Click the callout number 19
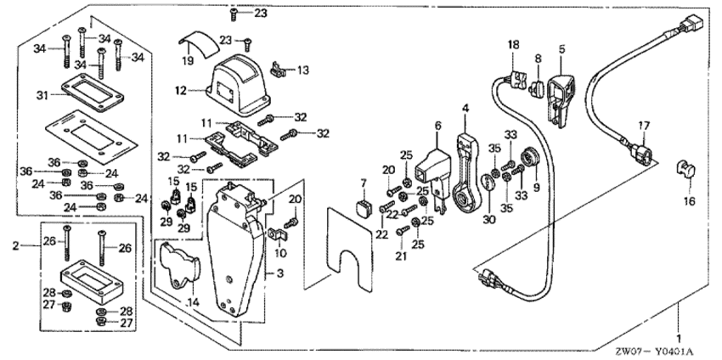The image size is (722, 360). [187, 61]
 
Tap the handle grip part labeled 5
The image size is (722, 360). [563, 95]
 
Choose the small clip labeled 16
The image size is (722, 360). [685, 170]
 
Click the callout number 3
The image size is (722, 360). [269, 274]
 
